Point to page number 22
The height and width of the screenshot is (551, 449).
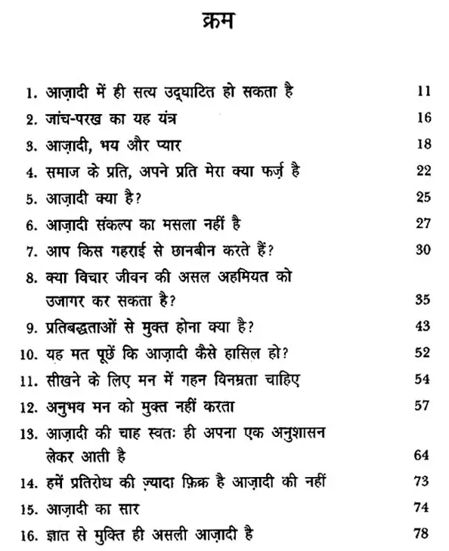pyautogui.click(x=423, y=171)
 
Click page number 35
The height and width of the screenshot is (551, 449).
pyautogui.click(x=423, y=300)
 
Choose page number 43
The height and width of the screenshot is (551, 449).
pyautogui.click(x=423, y=326)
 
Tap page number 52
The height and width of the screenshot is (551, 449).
pyautogui.click(x=423, y=352)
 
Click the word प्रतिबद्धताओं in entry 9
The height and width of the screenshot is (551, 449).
pyautogui.click(x=79, y=327)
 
